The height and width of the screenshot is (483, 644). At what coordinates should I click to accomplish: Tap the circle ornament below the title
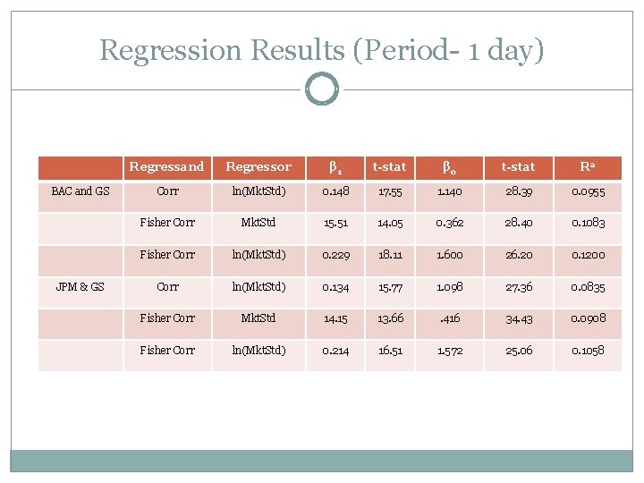click(x=322, y=89)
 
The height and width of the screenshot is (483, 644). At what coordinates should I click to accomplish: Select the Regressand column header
click(x=167, y=166)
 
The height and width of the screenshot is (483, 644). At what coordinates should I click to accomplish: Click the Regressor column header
click(x=258, y=166)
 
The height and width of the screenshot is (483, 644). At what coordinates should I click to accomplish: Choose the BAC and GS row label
click(x=80, y=191)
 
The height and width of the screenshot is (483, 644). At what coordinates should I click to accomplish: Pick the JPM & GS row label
click(x=80, y=286)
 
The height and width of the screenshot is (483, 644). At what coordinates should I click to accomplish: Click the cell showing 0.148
click(x=334, y=191)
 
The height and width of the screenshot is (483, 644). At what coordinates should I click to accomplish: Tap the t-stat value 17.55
click(x=390, y=191)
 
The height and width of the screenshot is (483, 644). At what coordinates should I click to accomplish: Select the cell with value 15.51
click(x=334, y=223)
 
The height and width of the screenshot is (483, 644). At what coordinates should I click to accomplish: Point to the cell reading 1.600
click(x=451, y=255)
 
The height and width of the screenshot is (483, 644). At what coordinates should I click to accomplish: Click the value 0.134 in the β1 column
click(x=334, y=286)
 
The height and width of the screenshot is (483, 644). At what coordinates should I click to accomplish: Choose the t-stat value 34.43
click(x=519, y=318)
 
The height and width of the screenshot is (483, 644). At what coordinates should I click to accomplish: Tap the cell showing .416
click(x=451, y=318)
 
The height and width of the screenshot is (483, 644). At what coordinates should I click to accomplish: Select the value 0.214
click(x=334, y=351)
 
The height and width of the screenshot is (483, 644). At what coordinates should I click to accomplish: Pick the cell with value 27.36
click(x=519, y=286)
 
